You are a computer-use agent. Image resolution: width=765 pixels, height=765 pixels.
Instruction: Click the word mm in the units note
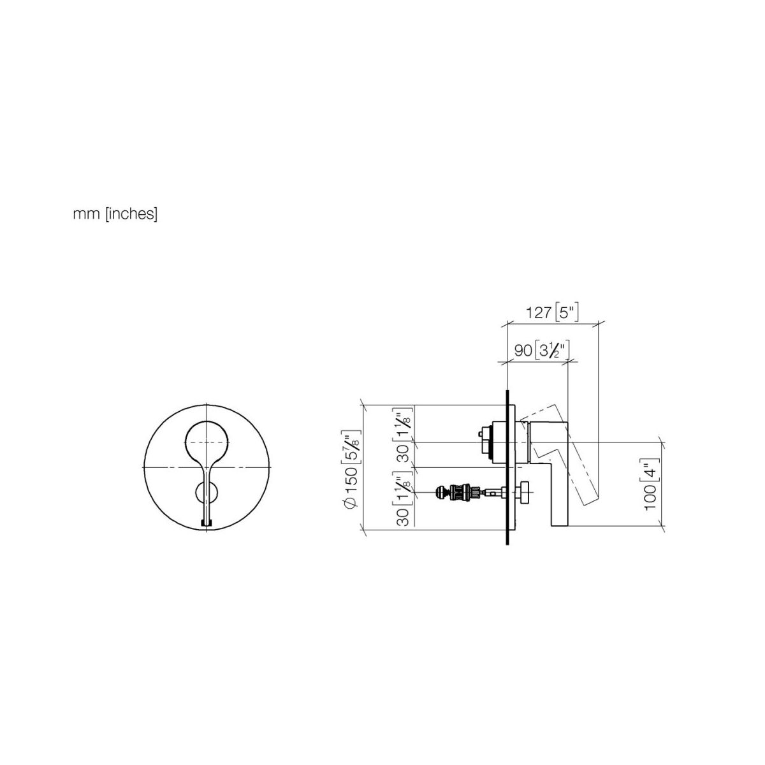click(x=86, y=215)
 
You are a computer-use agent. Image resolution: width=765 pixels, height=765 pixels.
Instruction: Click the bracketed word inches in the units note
click(x=131, y=214)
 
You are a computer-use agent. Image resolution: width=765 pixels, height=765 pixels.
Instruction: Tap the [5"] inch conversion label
click(x=567, y=313)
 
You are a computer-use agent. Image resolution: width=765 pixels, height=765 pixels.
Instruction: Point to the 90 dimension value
click(x=523, y=350)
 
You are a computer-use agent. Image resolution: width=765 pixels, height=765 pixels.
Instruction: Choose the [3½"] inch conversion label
click(x=552, y=350)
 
